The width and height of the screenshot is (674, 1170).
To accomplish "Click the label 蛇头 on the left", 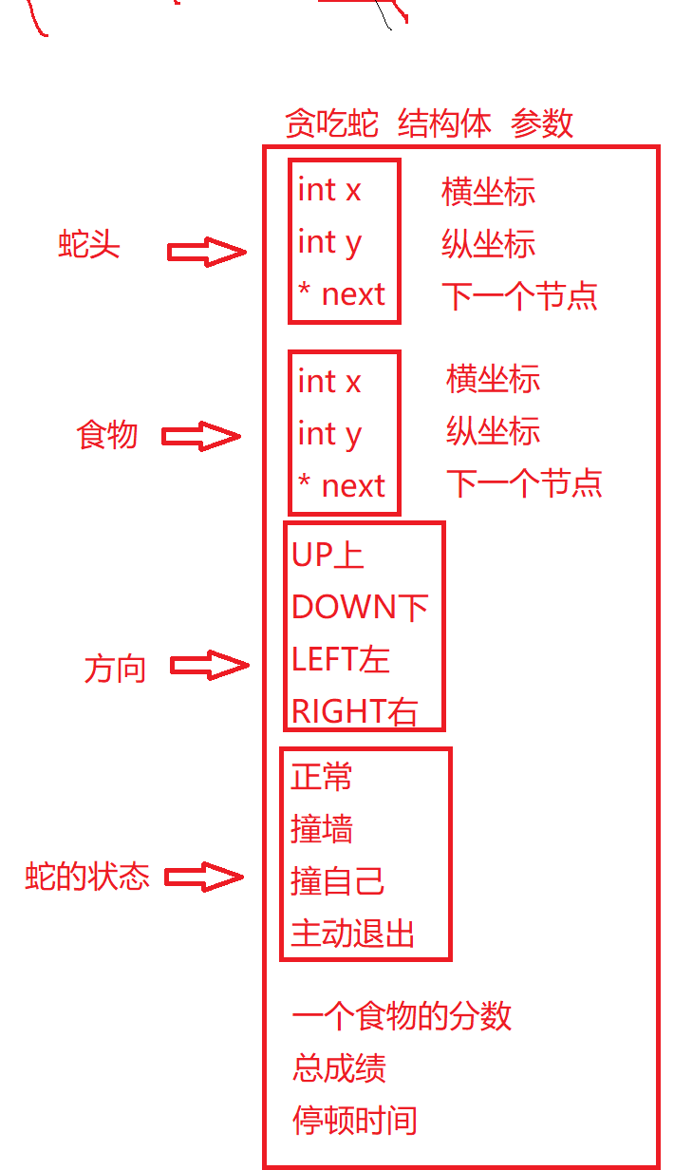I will coord(89,246).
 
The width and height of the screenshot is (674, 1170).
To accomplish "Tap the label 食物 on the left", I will coord(107,436).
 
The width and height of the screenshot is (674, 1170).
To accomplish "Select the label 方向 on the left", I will coord(115,669).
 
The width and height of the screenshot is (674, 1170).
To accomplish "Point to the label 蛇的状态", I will coord(87,877).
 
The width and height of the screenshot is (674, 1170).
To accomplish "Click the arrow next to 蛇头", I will coord(206,253).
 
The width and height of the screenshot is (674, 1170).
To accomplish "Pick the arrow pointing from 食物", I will coord(201,437).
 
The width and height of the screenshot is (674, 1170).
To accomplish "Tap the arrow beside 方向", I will coord(209,666).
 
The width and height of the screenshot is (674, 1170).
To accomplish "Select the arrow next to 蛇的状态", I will coord(204,877).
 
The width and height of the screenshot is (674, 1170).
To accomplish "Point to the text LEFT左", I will coord(341,659).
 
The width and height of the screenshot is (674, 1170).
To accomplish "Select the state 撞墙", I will coord(322,830).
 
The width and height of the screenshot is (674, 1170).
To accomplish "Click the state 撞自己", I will coord(338,881).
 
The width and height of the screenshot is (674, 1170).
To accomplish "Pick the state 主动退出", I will coord(353,934).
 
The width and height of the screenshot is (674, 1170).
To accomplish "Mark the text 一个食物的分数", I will coord(402,1016).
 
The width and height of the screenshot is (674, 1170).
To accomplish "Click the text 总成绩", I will coord(339,1068).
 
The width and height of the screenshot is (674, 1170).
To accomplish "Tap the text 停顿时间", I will coord(355,1121).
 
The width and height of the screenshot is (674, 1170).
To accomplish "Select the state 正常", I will coord(322,778).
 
